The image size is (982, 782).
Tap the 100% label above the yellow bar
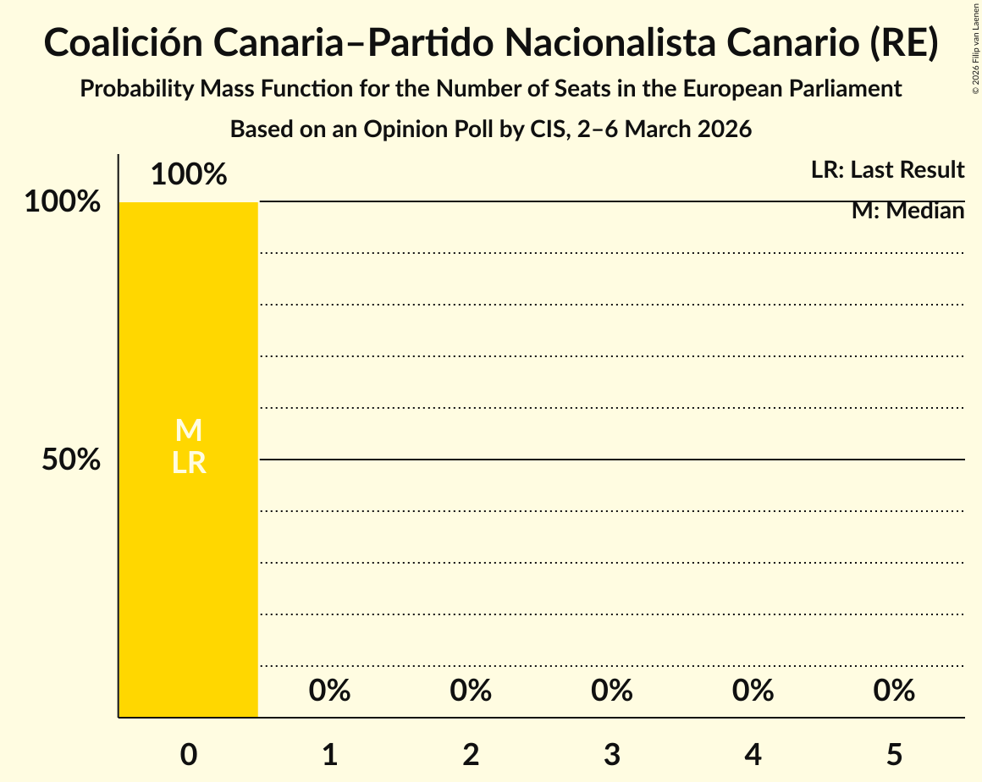tap(189, 174)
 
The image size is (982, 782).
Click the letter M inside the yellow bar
tap(188, 431)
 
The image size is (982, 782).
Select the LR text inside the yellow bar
tap(188, 463)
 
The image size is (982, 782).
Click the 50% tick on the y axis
tap(72, 460)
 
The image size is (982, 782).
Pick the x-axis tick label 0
tap(189, 754)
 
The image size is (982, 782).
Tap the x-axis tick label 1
tap(330, 754)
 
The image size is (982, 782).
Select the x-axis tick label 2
tap(471, 754)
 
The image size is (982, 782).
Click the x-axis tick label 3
tap(612, 754)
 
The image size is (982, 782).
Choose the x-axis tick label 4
tap(753, 754)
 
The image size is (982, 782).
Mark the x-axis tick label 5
tap(894, 754)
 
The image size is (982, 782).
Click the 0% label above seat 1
tap(330, 691)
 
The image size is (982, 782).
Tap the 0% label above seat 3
tap(612, 691)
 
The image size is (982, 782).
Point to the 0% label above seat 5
tap(894, 691)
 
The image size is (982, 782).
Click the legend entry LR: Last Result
tap(887, 170)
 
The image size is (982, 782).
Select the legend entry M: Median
tap(908, 211)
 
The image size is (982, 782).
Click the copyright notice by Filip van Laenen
tap(975, 47)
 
